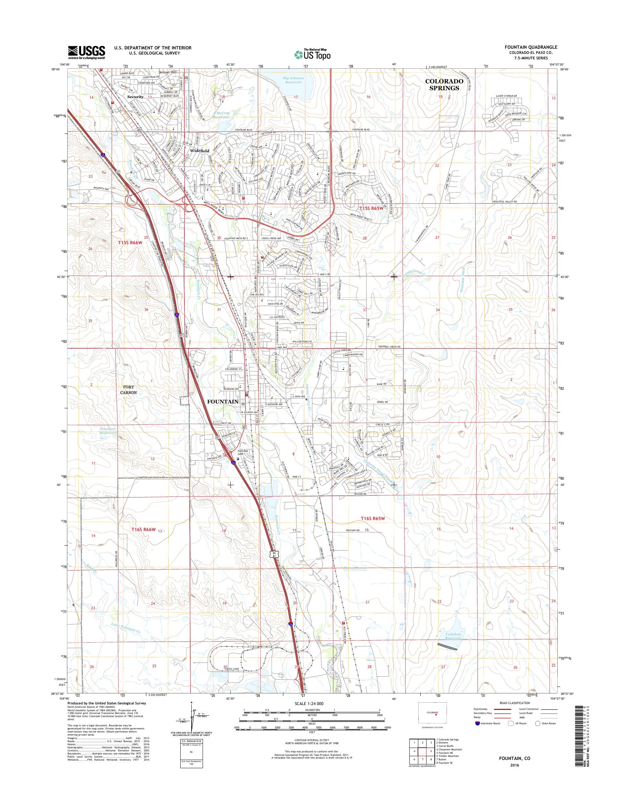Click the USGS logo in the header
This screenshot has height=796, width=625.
click(x=86, y=52)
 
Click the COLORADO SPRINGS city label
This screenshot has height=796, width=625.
click(x=444, y=84)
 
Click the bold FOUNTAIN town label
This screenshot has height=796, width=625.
click(x=223, y=401)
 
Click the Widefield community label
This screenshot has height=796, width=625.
click(x=200, y=150)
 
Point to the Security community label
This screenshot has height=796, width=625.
click(x=135, y=97)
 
